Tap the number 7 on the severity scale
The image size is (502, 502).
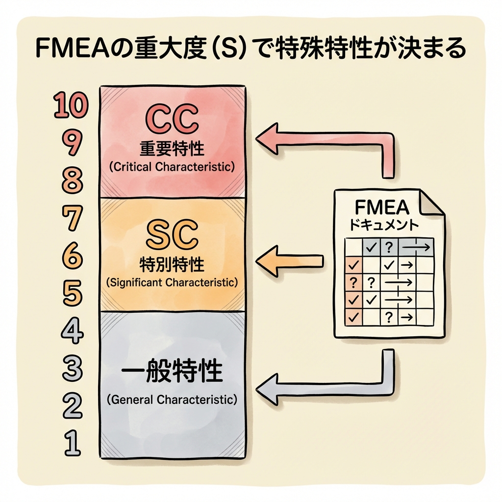(x=72, y=218)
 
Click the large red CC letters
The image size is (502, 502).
(x=172, y=118)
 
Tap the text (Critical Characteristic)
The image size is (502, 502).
(x=172, y=166)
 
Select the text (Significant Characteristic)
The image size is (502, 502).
(x=172, y=283)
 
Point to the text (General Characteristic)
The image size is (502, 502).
(x=172, y=400)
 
